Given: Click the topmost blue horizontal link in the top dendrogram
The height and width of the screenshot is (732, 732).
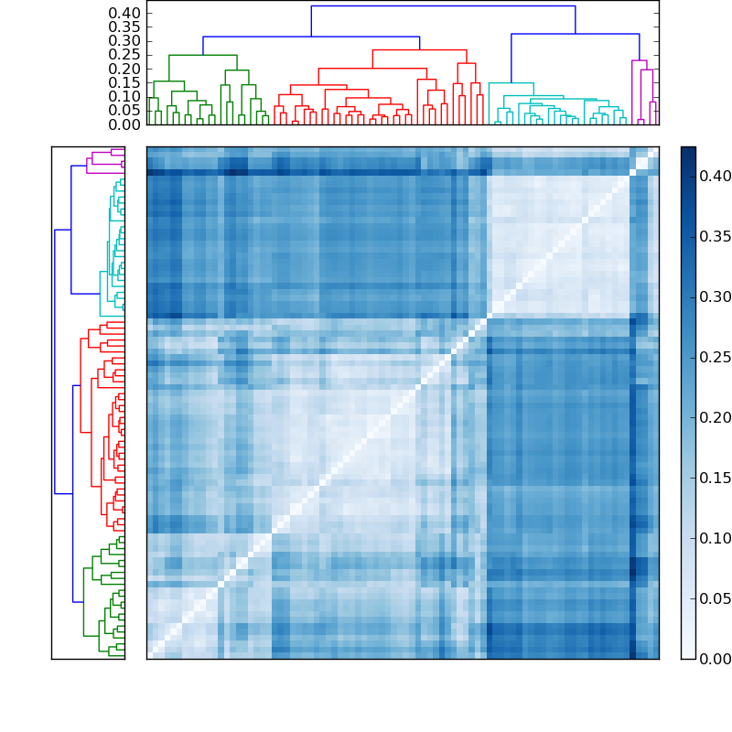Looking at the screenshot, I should point(443,6).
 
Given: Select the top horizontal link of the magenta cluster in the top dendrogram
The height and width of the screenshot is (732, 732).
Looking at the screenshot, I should point(640,61).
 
